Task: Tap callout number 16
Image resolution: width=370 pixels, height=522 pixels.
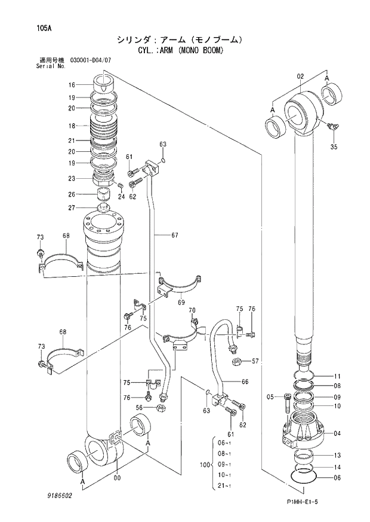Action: tap(71, 85)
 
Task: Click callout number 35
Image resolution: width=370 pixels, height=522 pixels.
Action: tap(334, 146)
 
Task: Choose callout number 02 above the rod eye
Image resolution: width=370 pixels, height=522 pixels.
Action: tap(300, 76)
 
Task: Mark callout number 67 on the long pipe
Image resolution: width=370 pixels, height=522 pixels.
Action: tap(175, 235)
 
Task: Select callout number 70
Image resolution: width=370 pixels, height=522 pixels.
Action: tap(192, 310)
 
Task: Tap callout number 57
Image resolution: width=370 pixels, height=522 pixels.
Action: tap(255, 361)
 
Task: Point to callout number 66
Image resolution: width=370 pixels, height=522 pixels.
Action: tap(245, 381)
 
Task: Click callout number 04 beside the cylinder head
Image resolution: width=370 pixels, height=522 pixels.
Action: tap(337, 433)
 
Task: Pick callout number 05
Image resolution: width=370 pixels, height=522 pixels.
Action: tap(270, 396)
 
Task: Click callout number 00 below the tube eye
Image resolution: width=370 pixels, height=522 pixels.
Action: tap(117, 477)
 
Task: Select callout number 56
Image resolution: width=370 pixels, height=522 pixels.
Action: tap(138, 408)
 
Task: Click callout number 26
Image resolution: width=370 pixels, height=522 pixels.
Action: tap(71, 194)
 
